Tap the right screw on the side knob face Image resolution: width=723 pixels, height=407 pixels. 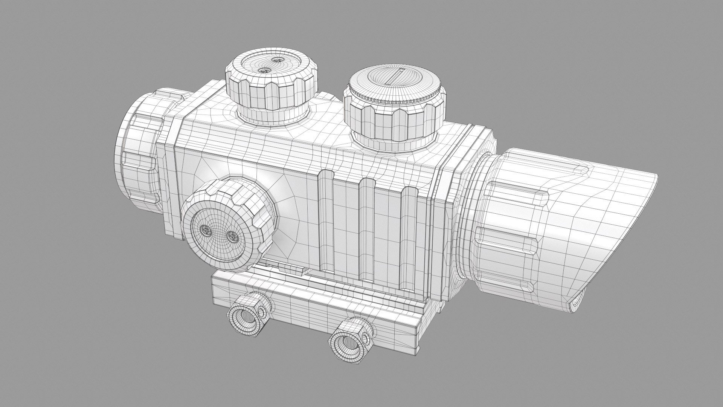[232, 237]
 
